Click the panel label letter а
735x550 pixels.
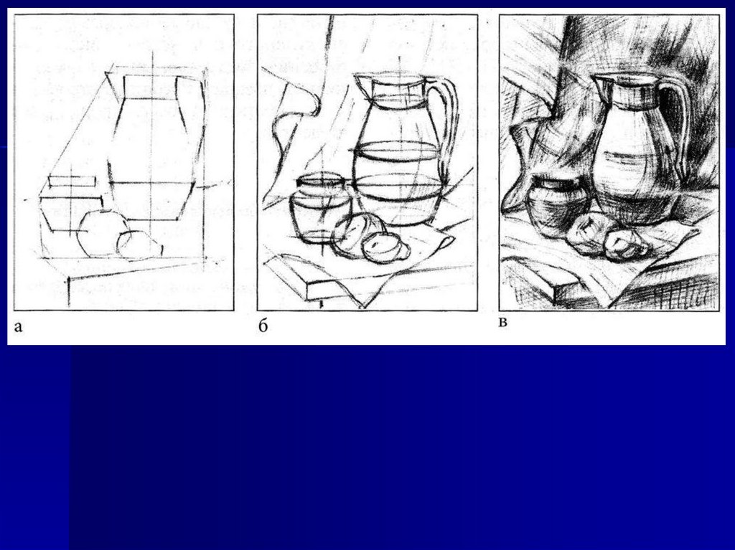[18, 326]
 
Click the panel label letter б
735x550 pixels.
[263, 325]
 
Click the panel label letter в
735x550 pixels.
[502, 323]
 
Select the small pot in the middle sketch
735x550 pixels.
[320, 209]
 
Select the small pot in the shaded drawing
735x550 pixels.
[556, 204]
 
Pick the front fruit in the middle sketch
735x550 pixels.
[385, 247]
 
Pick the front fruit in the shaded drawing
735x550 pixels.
[626, 245]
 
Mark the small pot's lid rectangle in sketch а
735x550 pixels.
[72, 181]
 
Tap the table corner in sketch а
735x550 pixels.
[70, 278]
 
